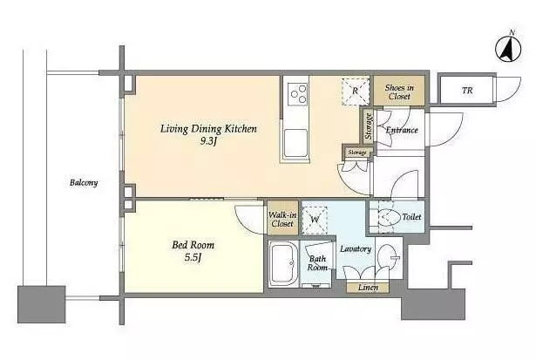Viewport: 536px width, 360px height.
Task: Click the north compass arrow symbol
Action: [x=508, y=50]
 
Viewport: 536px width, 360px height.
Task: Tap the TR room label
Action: [x=467, y=91]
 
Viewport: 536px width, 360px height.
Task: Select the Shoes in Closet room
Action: [x=399, y=91]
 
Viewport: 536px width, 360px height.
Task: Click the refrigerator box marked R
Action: [x=356, y=92]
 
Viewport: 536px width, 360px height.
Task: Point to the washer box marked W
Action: [x=315, y=220]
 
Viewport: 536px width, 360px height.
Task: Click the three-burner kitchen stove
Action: [x=297, y=94]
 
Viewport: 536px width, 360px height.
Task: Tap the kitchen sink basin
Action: [x=295, y=143]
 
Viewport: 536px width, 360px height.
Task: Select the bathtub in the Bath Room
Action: [x=282, y=263]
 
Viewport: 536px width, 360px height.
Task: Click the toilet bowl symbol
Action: [x=390, y=217]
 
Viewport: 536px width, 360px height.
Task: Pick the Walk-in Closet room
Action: [x=282, y=219]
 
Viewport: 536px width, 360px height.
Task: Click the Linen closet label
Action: [x=368, y=288]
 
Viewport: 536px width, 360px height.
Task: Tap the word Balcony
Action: [x=84, y=183]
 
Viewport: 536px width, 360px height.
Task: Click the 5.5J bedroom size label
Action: [x=193, y=257]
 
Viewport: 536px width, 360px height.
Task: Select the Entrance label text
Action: [x=402, y=130]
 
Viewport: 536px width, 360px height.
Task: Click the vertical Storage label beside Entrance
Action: [x=369, y=126]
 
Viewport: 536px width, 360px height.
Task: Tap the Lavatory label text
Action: [x=356, y=249]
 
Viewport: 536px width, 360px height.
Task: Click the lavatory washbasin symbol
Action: [x=389, y=258]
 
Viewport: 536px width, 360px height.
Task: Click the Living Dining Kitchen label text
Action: [x=208, y=129]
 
